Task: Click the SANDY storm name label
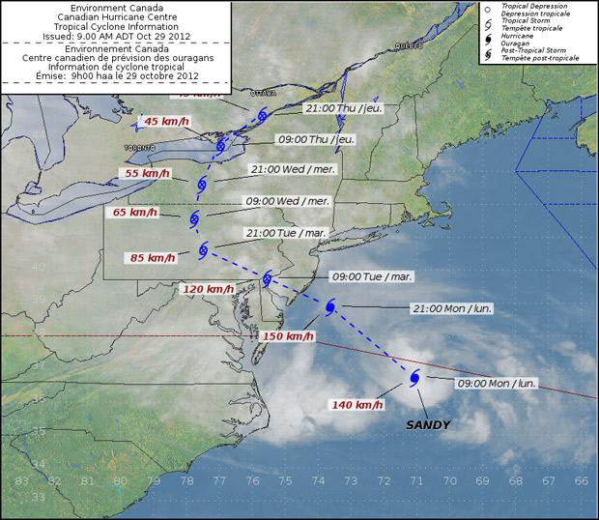click(428, 424)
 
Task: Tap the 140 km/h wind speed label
click(354, 404)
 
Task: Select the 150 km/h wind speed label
click(287, 336)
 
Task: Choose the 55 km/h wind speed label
click(148, 172)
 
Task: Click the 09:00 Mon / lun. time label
click(497, 383)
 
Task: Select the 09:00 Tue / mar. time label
click(372, 276)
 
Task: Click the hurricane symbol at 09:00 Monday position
click(414, 378)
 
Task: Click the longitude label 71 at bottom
click(416, 480)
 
